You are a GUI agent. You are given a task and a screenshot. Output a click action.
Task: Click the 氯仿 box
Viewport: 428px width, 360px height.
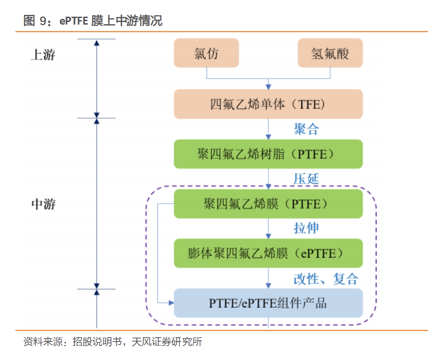[x=206, y=53]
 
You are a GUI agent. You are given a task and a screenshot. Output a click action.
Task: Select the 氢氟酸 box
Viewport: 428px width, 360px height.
[x=330, y=53]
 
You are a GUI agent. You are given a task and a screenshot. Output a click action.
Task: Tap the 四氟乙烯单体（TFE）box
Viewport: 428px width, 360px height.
[x=268, y=104]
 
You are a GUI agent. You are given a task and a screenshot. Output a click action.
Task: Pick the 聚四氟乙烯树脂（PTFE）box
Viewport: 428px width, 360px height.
[x=268, y=154]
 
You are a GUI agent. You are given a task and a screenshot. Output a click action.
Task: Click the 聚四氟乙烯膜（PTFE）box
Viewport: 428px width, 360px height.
[x=268, y=204]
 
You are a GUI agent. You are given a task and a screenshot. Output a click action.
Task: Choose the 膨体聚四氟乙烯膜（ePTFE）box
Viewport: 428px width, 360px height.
[x=268, y=253]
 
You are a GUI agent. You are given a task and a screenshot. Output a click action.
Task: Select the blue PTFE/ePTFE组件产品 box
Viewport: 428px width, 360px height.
[x=268, y=303]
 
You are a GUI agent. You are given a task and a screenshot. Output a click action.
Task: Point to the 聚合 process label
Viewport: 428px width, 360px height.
[x=306, y=129]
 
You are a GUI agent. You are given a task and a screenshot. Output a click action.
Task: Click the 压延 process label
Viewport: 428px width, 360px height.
[x=306, y=179]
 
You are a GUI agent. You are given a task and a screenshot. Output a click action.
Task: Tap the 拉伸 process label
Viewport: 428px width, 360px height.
[x=306, y=228]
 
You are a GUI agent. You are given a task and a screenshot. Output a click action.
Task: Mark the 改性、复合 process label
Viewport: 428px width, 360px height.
[x=326, y=278]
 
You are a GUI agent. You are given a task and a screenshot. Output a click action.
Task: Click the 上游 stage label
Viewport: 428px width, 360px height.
[x=43, y=55]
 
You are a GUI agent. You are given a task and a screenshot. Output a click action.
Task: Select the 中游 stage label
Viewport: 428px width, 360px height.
[x=43, y=204]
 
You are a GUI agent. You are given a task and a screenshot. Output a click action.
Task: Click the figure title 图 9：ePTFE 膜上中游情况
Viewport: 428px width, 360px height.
[x=93, y=20]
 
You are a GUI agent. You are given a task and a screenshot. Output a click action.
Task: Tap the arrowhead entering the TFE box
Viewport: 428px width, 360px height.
[x=268, y=86]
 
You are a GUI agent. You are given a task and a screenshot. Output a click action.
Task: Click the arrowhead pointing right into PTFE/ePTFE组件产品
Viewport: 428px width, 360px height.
[x=171, y=302]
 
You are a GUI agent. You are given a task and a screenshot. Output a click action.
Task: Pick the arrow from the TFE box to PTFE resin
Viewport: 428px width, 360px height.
[x=268, y=129]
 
